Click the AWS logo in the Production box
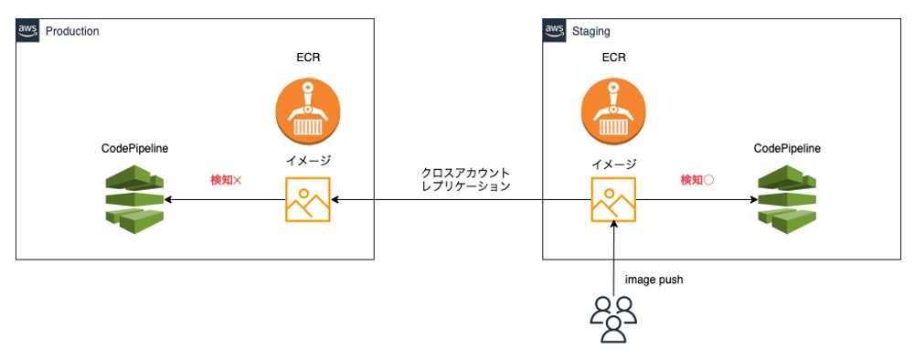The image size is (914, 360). [28, 30]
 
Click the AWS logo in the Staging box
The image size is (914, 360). [555, 30]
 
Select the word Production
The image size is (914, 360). [71, 31]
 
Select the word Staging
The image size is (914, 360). [590, 31]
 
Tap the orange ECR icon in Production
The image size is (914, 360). [307, 108]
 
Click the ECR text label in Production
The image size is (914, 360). [307, 58]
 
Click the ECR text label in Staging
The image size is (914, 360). [613, 58]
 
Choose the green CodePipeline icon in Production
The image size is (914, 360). [133, 197]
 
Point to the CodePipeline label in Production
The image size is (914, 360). [134, 148]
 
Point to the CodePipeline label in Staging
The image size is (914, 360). [786, 148]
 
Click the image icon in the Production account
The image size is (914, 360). [307, 199]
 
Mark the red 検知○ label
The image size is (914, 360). [696, 180]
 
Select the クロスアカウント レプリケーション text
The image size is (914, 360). [465, 178]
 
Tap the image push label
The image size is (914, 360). [654, 280]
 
